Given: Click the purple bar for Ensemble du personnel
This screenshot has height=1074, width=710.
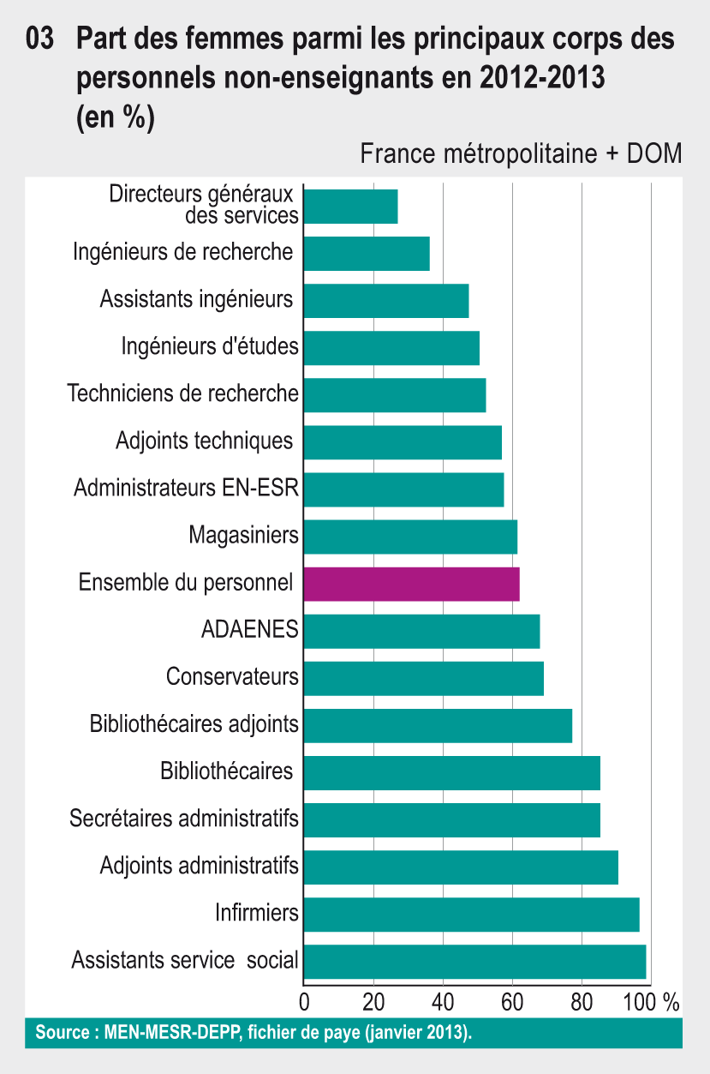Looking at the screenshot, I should (x=411, y=584).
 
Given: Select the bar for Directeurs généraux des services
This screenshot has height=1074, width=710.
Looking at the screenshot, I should (x=350, y=207).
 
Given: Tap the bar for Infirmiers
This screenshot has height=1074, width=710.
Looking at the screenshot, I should (x=471, y=914).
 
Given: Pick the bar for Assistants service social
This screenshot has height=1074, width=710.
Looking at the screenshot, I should (x=474, y=961).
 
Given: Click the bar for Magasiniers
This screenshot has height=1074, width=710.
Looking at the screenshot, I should (x=410, y=537).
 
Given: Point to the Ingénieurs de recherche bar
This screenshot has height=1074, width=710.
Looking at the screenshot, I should (x=367, y=254).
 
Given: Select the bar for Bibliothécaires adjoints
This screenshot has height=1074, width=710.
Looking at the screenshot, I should (x=438, y=725).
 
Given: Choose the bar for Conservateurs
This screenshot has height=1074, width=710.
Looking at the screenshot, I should (x=423, y=678).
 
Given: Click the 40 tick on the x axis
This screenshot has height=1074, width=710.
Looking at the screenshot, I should (x=443, y=1000).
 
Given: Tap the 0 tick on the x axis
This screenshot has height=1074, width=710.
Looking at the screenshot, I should (x=304, y=1000).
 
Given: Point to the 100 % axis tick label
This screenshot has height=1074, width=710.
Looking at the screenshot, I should (x=655, y=1000).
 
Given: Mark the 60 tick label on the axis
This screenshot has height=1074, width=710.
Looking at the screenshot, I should (x=512, y=1000).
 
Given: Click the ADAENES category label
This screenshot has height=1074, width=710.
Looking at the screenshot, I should (x=249, y=630).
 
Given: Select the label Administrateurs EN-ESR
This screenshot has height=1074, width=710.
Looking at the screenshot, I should (x=186, y=489).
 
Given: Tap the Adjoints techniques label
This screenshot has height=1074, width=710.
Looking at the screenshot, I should (x=205, y=441).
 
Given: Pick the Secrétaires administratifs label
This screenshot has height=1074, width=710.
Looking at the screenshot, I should (x=184, y=819).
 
